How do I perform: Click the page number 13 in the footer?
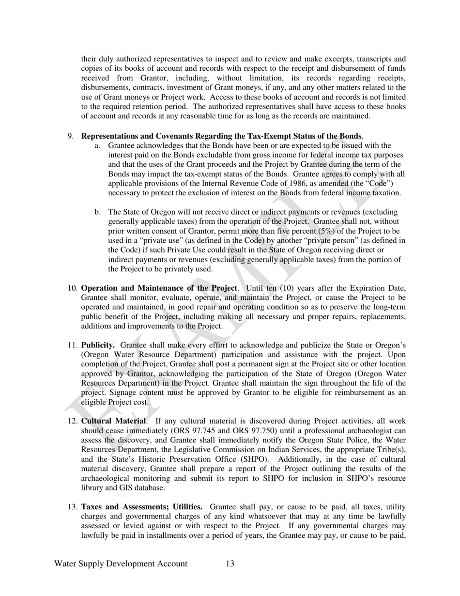pyautogui.click(x=230, y=564)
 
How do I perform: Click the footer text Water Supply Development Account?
pyautogui.click(x=121, y=564)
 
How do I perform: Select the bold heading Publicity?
pyautogui.click(x=98, y=345)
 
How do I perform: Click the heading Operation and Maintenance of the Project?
pyautogui.click(x=159, y=288)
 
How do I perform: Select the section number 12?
pyautogui.click(x=73, y=421)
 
